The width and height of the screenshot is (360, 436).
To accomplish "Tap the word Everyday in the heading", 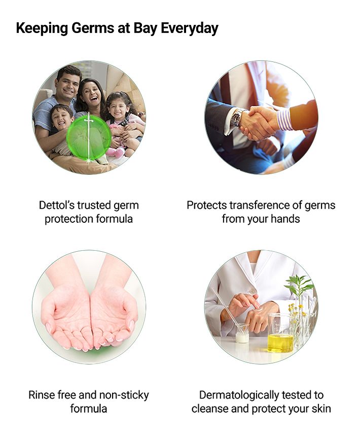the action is [x=190, y=28].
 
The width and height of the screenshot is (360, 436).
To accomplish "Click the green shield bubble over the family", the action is [x=89, y=138].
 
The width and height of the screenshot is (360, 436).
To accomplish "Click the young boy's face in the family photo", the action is [x=62, y=118].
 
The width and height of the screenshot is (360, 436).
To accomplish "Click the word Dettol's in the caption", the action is [x=57, y=206].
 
